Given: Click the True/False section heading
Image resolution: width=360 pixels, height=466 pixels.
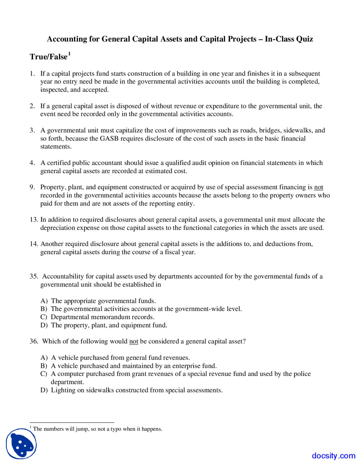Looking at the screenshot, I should [x=49, y=57].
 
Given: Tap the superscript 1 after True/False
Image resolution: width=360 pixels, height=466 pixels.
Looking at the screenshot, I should [x=69, y=53].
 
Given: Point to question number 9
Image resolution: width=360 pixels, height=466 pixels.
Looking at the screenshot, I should [x=32, y=187].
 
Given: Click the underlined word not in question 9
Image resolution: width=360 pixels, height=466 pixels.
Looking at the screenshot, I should [x=318, y=187].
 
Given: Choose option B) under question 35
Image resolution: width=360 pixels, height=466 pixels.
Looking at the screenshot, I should [x=44, y=309].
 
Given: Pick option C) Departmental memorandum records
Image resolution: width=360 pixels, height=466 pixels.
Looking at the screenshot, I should [x=44, y=317].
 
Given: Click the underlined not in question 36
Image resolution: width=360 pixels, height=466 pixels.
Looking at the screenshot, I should [x=134, y=341].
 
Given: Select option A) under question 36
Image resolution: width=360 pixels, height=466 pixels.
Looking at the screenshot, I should [x=44, y=358].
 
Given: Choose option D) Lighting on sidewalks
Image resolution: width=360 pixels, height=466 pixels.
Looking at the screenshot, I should [x=44, y=390].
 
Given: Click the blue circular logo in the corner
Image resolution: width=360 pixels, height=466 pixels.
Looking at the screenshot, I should [x=21, y=443].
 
